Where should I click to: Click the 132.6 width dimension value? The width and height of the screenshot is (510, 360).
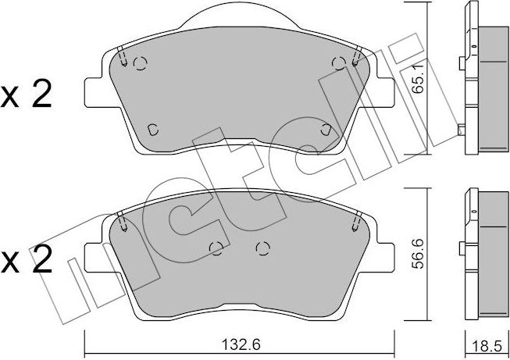(x=241, y=344)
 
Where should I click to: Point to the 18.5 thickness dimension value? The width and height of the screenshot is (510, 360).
(x=487, y=347)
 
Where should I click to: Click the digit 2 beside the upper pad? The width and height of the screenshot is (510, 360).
(x=42, y=93)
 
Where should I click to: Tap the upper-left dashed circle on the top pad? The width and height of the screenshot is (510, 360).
(x=141, y=63)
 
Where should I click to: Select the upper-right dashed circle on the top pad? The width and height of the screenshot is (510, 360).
(x=339, y=63)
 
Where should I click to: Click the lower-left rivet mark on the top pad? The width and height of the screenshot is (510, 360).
(x=152, y=130)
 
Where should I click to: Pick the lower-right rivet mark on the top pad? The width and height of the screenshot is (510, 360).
(x=326, y=130)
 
